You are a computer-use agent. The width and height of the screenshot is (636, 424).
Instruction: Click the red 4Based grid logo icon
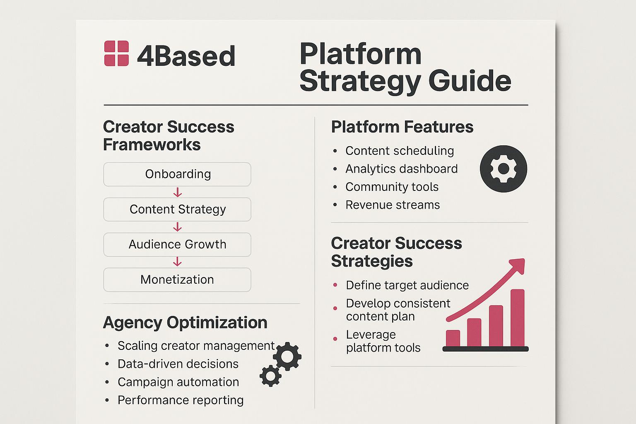click(x=116, y=53)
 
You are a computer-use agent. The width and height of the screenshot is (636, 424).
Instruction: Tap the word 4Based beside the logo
click(x=186, y=56)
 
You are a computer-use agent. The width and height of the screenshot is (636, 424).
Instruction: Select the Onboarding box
click(x=177, y=174)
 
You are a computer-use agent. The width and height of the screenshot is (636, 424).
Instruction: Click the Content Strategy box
click(x=177, y=209)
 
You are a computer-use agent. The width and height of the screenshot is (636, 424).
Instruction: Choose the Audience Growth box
click(x=177, y=245)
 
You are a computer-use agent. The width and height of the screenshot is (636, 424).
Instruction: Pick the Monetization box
click(x=177, y=280)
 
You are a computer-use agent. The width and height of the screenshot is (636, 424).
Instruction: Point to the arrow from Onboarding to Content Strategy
click(x=178, y=192)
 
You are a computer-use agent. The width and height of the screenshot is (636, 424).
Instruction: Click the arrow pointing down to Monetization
click(x=178, y=262)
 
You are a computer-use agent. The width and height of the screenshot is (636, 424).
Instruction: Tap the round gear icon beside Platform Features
click(x=503, y=169)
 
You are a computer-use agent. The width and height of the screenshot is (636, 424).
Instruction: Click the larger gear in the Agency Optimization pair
click(x=287, y=356)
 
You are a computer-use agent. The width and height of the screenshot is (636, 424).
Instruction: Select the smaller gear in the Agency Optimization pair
click(x=270, y=376)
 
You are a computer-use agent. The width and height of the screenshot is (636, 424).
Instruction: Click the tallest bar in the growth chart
click(x=517, y=318)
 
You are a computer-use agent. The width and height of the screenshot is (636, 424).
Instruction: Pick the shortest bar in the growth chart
click(x=453, y=338)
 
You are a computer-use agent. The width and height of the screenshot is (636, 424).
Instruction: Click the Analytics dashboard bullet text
click(x=402, y=169)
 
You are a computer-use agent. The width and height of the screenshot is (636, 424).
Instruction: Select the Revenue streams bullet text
click(x=393, y=205)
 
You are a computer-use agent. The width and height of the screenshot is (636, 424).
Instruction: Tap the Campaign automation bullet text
click(x=178, y=382)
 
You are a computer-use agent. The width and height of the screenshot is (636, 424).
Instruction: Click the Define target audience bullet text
click(x=407, y=285)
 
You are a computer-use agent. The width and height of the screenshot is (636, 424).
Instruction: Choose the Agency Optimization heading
click(x=185, y=323)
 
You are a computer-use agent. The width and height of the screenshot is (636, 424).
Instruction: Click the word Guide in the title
click(x=470, y=82)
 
